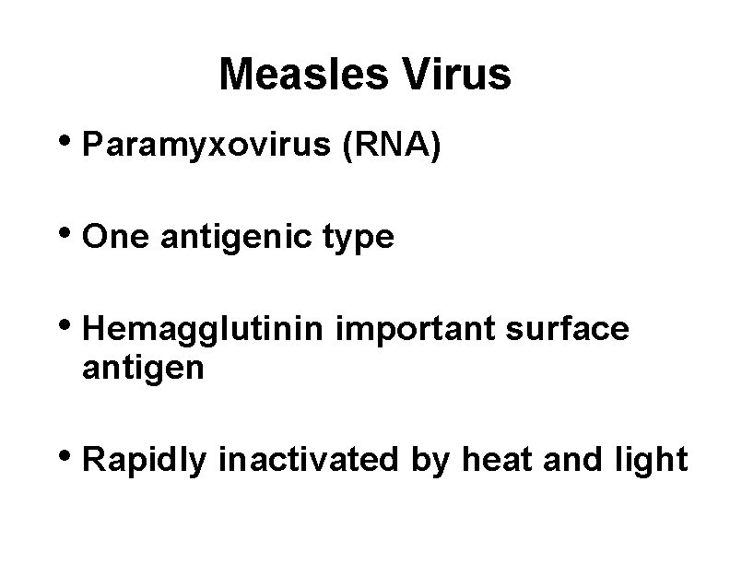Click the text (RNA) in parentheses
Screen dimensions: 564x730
tap(394, 147)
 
